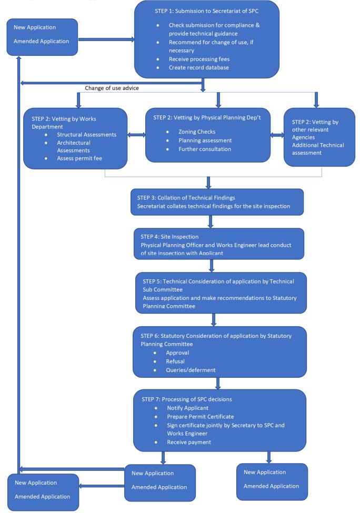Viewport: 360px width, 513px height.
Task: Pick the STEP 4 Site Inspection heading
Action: point(166,236)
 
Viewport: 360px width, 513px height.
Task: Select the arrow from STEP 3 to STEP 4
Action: point(210,222)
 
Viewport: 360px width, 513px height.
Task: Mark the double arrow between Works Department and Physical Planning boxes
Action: point(136,135)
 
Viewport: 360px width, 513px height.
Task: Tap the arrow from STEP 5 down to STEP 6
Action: point(214,319)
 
